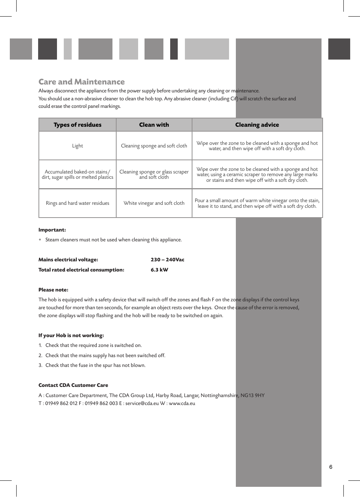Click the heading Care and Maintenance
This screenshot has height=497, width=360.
(x=82, y=82)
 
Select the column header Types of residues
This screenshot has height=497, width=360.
(x=77, y=125)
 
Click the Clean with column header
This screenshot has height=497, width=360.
(x=154, y=125)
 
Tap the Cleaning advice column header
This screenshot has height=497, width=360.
(x=257, y=125)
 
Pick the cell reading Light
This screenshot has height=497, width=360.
(x=77, y=146)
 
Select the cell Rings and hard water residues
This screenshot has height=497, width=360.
(x=77, y=203)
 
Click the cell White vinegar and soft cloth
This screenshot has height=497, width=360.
(x=154, y=203)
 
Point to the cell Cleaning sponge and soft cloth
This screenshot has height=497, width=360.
(x=154, y=146)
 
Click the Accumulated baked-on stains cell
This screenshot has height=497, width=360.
(x=77, y=174)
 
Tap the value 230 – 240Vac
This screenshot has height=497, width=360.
(x=168, y=260)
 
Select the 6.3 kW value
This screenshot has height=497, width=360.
(x=159, y=270)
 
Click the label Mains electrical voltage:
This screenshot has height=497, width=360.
(x=68, y=260)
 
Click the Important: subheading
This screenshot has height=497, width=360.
(x=52, y=230)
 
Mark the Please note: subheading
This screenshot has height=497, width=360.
(x=53, y=290)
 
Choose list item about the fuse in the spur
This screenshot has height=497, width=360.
(x=95, y=365)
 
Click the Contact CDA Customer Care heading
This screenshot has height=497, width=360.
(x=73, y=385)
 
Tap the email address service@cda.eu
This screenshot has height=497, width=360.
(x=142, y=403)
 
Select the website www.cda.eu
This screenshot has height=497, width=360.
(x=182, y=403)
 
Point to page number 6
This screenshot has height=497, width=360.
(x=331, y=467)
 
